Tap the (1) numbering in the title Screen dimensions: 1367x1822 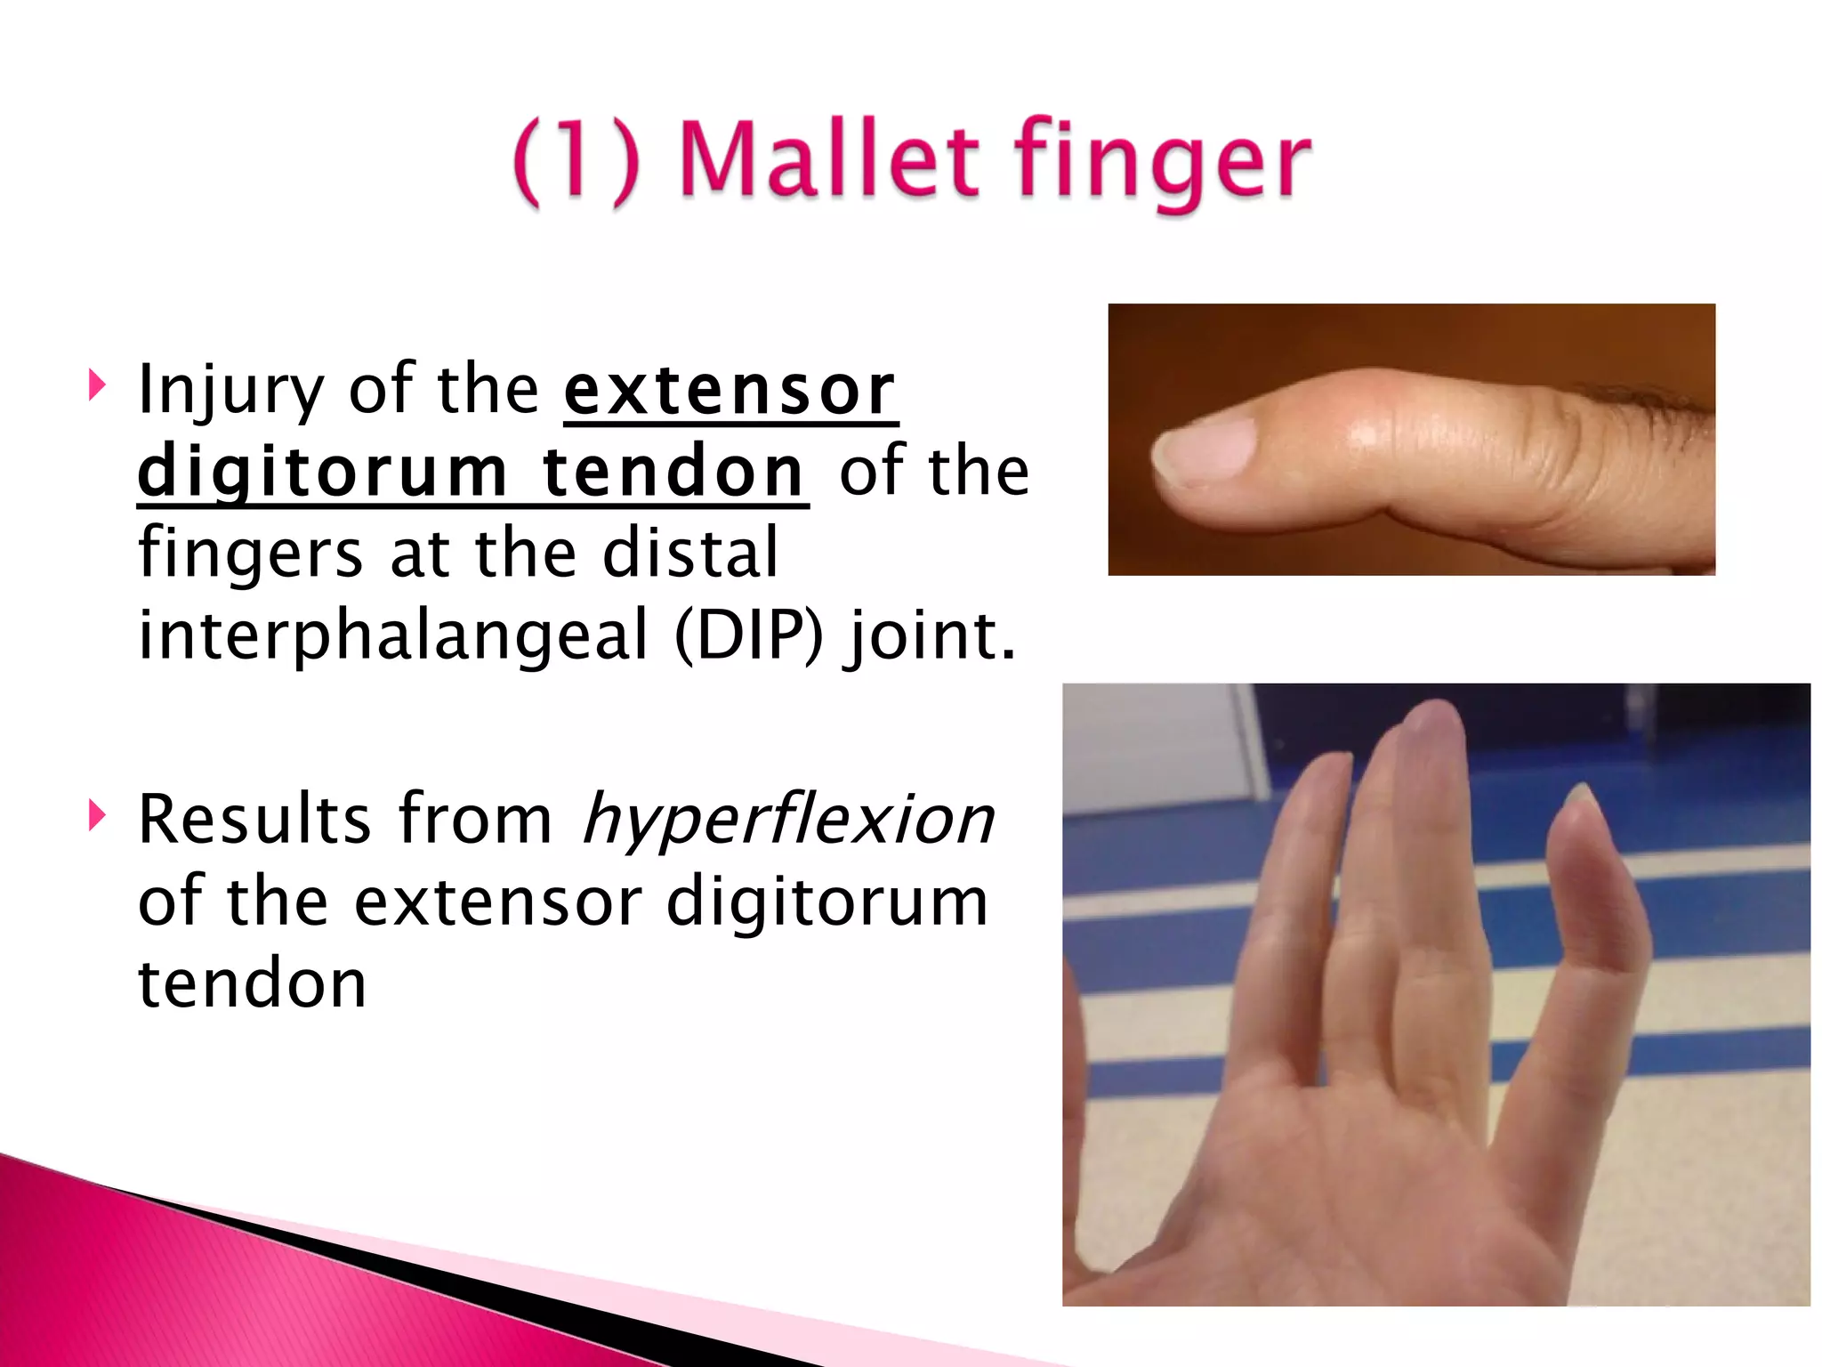[x=576, y=161]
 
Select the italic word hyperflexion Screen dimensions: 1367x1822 [x=788, y=819]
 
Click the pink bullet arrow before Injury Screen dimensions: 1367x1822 [x=97, y=386]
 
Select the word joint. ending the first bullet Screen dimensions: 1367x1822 [x=931, y=636]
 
